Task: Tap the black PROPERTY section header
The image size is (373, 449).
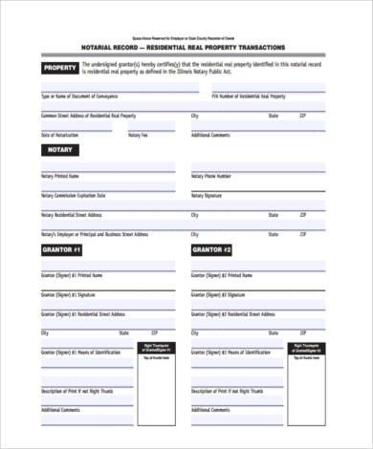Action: [60, 69]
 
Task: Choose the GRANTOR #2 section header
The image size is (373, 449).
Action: [212, 250]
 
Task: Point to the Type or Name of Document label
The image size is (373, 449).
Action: [78, 96]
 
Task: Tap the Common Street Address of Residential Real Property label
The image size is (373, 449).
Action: [89, 116]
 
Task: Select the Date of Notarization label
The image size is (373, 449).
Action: [59, 135]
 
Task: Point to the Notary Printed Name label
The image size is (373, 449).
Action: [61, 177]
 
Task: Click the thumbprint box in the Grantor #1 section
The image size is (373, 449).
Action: [157, 363]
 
